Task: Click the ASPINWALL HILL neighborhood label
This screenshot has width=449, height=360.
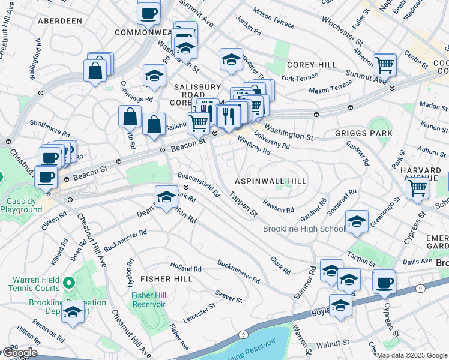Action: point(270,181)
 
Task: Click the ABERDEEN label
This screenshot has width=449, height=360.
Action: point(59,21)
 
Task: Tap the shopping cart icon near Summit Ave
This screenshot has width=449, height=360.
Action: point(384,65)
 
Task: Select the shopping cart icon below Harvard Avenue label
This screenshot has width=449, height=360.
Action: point(417,188)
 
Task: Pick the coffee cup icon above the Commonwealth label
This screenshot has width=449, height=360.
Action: point(148,13)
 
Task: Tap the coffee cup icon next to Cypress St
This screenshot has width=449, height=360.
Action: point(384,281)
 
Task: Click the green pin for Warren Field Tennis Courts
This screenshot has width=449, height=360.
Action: point(69,282)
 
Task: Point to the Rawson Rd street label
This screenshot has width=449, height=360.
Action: point(279,210)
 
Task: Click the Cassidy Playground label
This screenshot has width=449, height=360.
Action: point(21,205)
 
